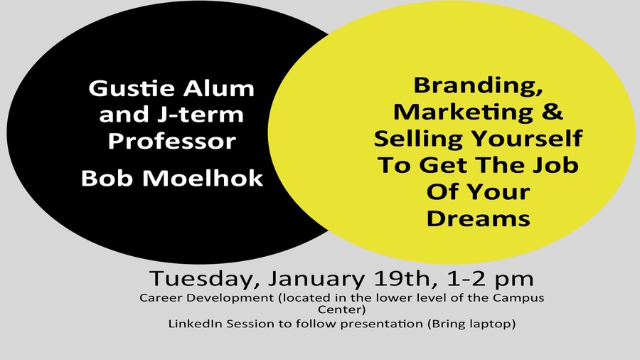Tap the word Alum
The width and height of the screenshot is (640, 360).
point(219,88)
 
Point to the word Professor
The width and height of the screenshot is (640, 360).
point(172,142)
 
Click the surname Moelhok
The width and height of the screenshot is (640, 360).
point(203,178)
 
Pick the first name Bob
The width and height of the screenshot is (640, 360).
point(107,178)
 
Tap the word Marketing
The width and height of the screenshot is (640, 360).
point(463,112)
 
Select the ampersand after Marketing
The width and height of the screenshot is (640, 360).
point(553,111)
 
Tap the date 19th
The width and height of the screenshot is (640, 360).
point(402,278)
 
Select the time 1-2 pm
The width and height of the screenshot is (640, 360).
point(491,279)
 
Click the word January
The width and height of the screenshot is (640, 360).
point(316,279)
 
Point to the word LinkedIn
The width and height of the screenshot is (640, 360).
point(196,324)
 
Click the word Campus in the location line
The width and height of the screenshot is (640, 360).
point(518,297)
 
